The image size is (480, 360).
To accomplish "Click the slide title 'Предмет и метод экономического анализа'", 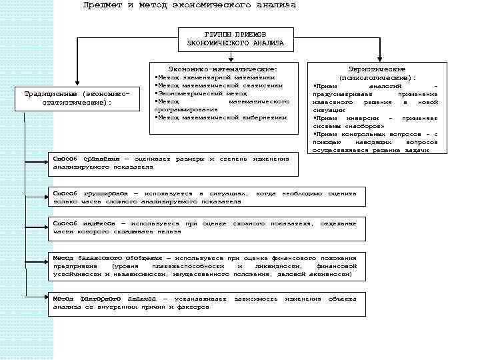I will tap(189, 5).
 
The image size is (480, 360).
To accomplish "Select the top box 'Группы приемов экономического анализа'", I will tap(235, 39).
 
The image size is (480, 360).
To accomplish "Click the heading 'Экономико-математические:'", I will tap(222, 68).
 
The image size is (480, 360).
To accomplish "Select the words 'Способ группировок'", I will tap(90, 193).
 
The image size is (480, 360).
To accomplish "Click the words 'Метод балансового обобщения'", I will tap(107, 257).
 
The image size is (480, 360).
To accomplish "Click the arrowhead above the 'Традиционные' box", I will tap(77, 82).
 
